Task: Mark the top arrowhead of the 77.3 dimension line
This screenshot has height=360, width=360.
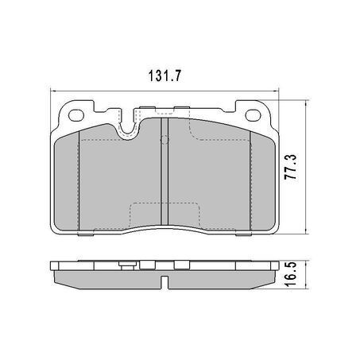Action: [x=306, y=103]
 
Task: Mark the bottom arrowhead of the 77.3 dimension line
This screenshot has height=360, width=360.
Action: [x=306, y=233]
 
